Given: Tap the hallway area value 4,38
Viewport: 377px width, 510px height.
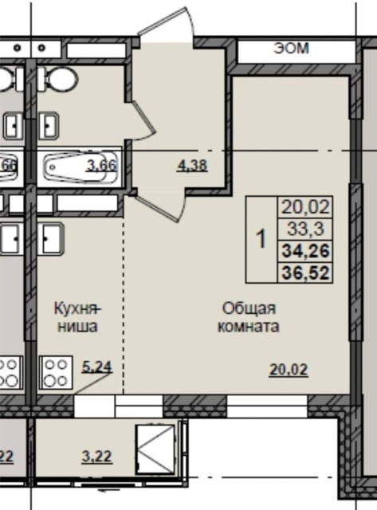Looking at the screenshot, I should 191,166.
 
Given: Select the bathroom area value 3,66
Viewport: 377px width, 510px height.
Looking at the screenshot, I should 102,166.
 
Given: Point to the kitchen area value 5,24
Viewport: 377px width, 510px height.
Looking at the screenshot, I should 96,367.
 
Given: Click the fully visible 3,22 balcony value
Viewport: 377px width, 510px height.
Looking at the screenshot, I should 96,457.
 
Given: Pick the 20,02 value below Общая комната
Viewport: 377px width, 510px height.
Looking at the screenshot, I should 289,369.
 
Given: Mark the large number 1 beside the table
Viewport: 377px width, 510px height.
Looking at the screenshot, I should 260,240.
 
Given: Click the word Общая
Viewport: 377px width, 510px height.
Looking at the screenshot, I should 249,308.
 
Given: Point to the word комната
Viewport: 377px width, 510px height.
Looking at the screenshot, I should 249,326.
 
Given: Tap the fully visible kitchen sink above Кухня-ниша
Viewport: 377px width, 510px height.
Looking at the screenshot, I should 50,238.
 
